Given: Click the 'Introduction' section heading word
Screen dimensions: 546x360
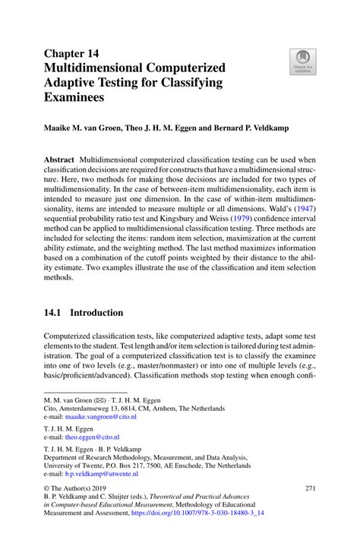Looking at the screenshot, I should tap(96, 312).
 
